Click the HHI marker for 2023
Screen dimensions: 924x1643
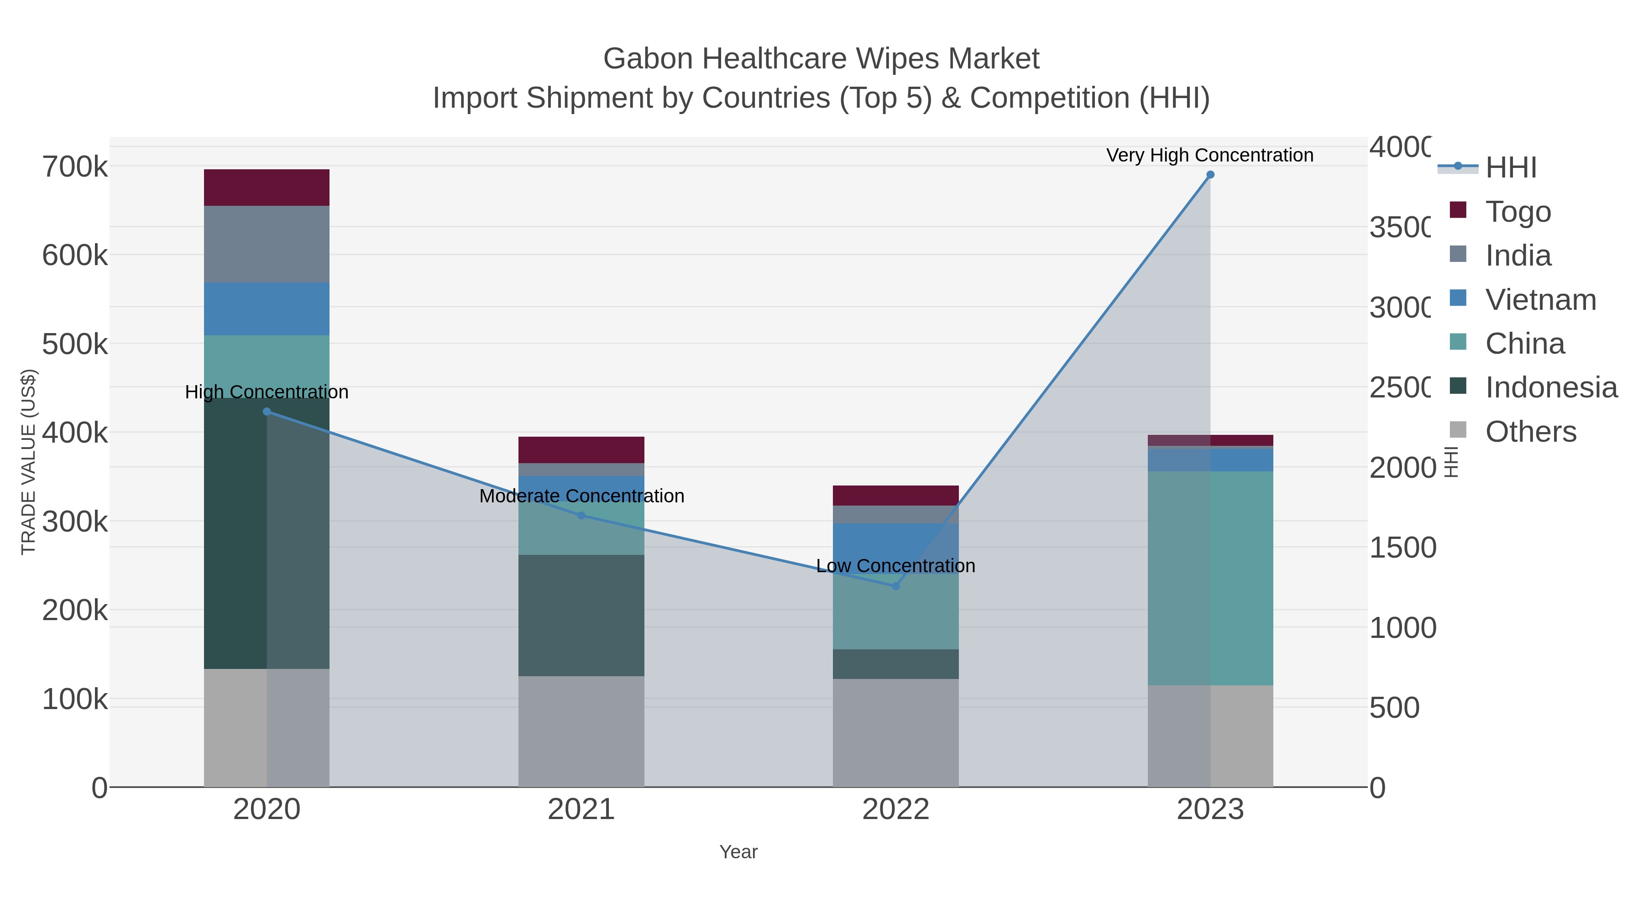pos(1210,175)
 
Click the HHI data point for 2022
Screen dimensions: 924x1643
pos(895,585)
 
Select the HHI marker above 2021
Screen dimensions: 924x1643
pos(581,515)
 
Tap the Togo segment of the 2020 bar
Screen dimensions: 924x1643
pos(267,188)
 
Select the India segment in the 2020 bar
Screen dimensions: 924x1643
pos(267,244)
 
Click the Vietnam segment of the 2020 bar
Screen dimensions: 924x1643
pos(267,308)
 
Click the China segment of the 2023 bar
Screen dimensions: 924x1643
pos(1210,578)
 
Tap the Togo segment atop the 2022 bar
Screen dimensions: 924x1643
pos(895,496)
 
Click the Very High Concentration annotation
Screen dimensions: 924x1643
pos(1209,155)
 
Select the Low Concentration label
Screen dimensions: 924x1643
pos(895,566)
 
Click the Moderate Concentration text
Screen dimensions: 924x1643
pos(581,496)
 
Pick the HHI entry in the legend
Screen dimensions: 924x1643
pos(1510,168)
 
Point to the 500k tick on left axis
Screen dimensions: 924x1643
pos(75,345)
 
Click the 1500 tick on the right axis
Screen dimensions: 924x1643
pos(1402,547)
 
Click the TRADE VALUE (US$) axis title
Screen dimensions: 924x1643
pos(29,462)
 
